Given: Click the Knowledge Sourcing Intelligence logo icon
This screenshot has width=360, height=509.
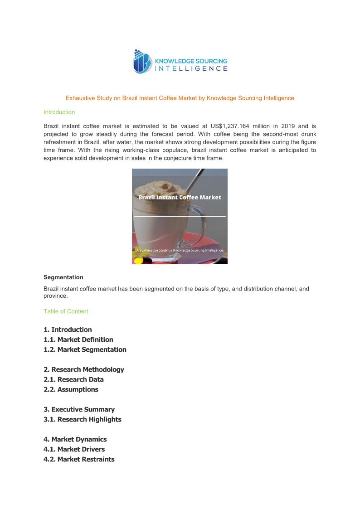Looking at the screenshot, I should point(142,62).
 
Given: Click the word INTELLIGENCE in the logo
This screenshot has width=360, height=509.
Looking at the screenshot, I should point(191,68).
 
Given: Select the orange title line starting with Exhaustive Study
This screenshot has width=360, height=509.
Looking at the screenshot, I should point(180,98).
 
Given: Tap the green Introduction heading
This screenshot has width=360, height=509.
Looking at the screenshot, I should point(59,112).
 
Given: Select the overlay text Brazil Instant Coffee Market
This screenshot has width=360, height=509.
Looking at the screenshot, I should point(180,197).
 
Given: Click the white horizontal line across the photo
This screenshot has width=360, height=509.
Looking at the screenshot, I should point(180,216).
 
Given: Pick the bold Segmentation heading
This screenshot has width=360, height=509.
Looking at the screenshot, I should point(63,277).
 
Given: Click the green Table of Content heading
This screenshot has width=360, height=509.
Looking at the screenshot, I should point(66,311).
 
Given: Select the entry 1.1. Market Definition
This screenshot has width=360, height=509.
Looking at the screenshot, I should point(78,339).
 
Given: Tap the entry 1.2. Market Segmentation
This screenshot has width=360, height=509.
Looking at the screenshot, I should point(85,349).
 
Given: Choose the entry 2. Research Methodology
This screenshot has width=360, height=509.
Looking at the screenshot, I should point(84,369).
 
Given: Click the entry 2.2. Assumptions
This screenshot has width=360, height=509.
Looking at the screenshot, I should point(71,389).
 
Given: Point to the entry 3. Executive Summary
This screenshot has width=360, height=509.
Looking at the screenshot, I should point(79,409).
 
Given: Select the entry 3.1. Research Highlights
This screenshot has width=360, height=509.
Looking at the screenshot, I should point(83,419).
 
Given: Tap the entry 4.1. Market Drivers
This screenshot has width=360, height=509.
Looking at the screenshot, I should point(74,449).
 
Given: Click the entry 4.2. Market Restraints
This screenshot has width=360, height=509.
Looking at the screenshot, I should point(79,459).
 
